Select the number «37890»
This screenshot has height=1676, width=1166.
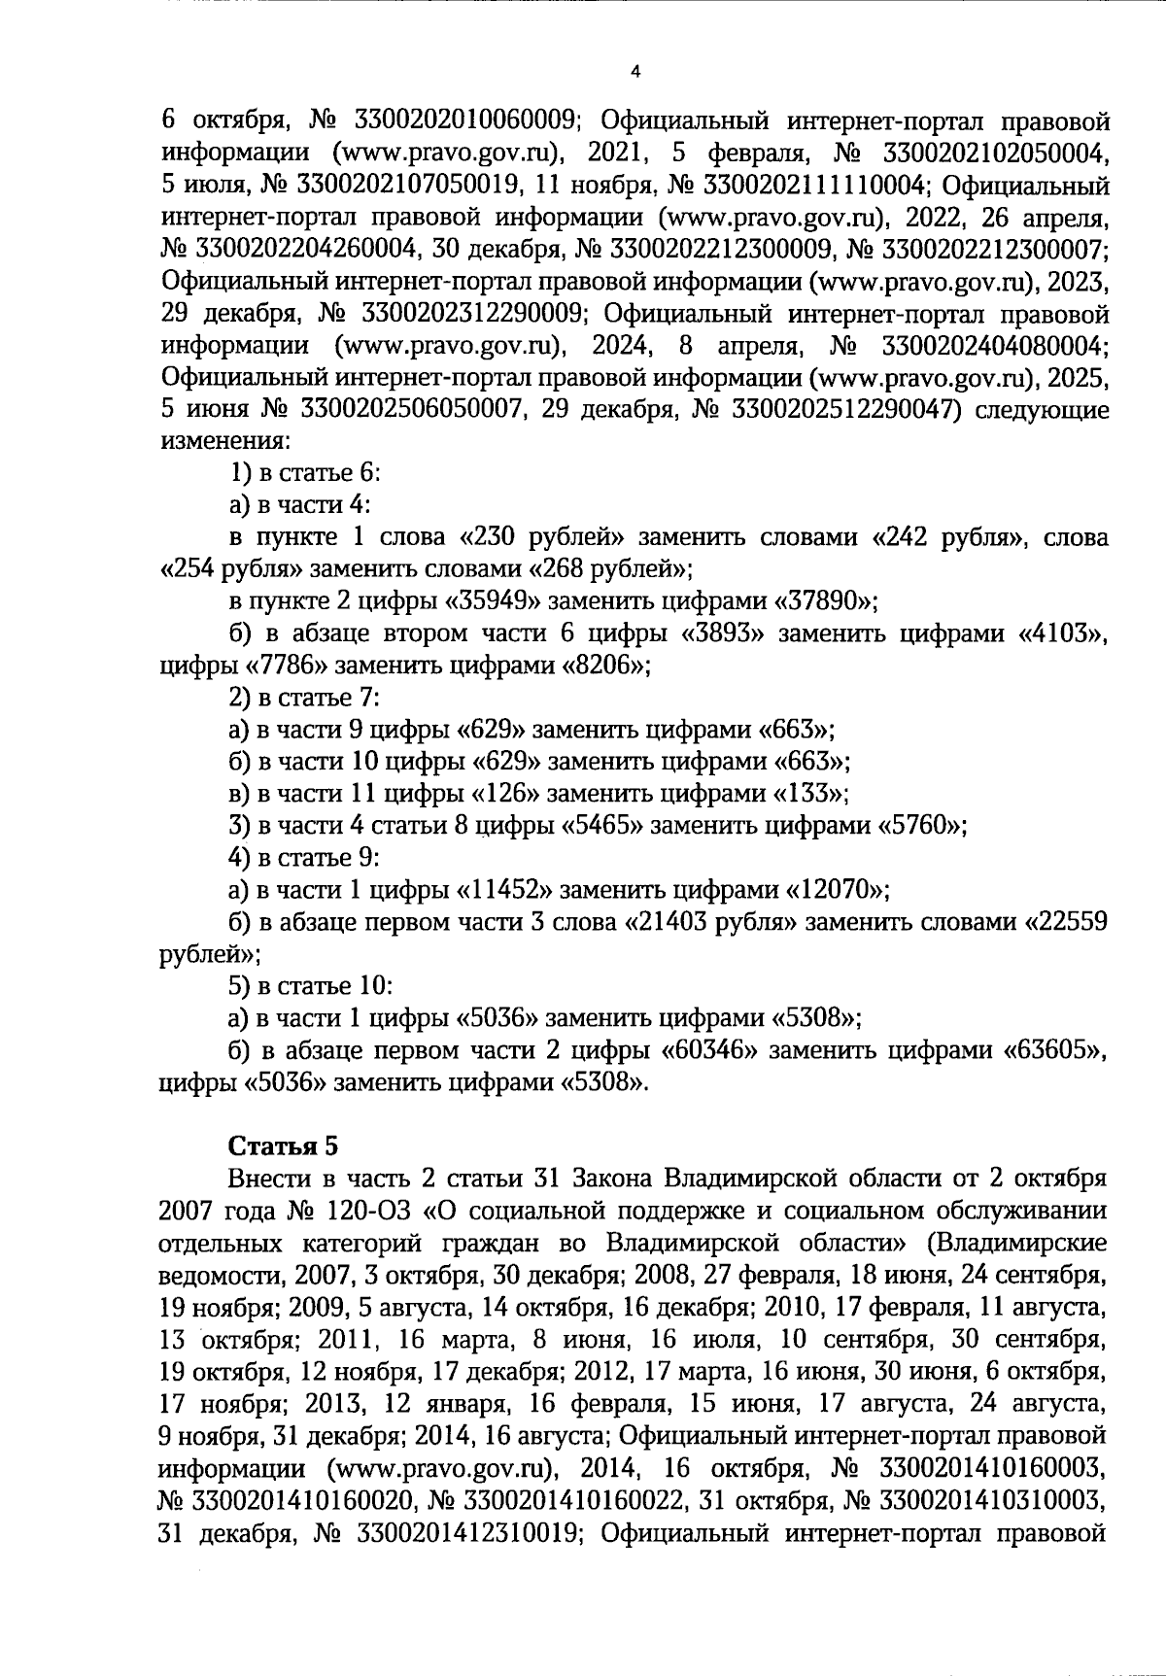point(825,601)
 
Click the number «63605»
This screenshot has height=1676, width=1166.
point(1055,1050)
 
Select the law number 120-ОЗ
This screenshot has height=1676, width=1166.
point(368,1210)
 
